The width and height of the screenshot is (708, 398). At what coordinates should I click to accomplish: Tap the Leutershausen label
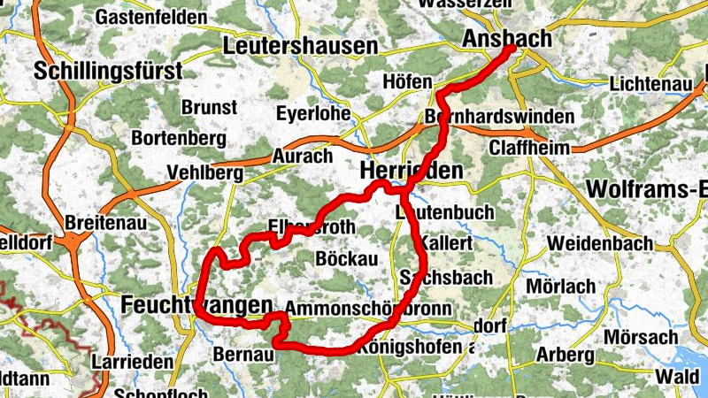(301, 44)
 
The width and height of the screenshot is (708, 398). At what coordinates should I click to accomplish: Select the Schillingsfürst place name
(108, 71)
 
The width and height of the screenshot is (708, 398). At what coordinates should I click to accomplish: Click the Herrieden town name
(412, 171)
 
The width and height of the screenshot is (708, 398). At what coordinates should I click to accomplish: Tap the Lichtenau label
(650, 84)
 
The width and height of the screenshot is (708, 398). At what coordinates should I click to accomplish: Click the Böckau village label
(346, 257)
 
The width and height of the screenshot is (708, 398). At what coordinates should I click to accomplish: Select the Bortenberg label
(173, 139)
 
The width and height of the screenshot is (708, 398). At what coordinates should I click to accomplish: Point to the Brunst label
(209, 107)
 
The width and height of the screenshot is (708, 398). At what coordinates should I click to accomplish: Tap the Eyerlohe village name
(313, 113)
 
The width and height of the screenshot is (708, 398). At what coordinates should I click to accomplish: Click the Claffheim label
(528, 148)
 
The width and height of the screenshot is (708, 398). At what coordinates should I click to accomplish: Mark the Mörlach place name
(560, 286)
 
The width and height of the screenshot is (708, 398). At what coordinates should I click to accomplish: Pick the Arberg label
(566, 355)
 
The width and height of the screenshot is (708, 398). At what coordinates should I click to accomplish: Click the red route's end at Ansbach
(512, 50)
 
